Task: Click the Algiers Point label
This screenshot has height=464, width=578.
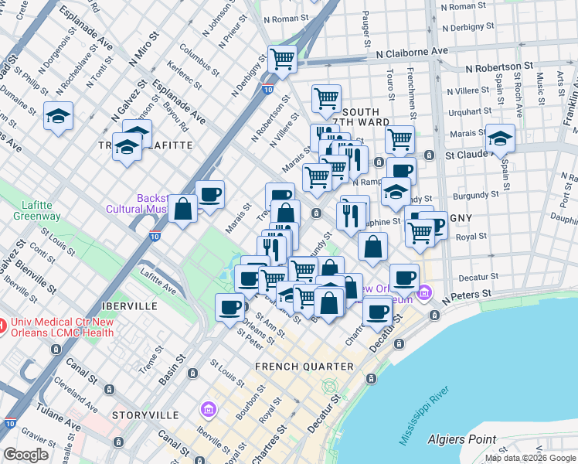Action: point(461,439)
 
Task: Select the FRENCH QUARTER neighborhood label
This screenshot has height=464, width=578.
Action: point(304,366)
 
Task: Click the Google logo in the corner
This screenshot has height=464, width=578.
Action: point(25,455)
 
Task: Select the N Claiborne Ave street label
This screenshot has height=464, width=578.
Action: point(412,51)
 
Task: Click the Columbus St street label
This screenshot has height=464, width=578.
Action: point(196,60)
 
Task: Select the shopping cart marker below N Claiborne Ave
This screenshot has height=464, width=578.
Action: point(283,59)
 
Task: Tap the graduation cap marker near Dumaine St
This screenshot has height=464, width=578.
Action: point(59,117)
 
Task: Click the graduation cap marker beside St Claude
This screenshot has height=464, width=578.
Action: point(500,139)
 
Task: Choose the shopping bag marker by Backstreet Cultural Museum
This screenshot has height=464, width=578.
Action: point(182,210)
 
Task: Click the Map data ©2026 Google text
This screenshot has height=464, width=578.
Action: point(530,458)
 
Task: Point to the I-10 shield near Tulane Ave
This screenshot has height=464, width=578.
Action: point(9,423)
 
